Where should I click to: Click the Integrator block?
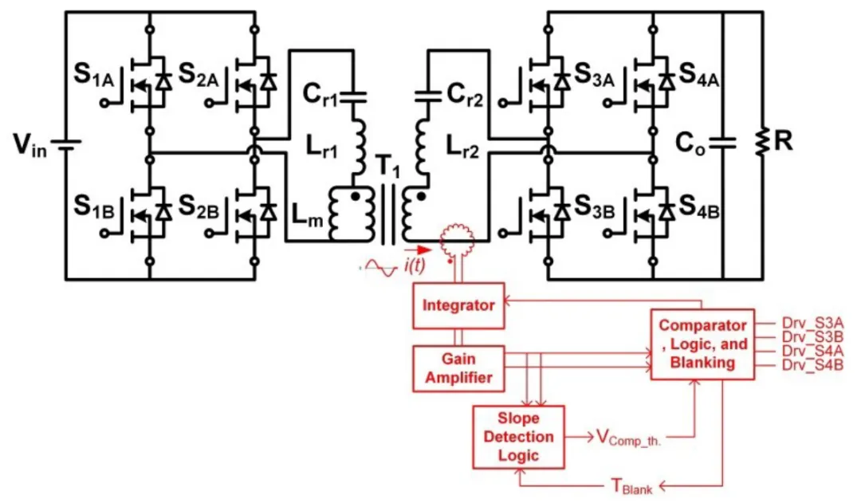coord(458,305)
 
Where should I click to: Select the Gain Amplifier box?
coord(458,367)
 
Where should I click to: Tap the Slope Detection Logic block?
coord(518,437)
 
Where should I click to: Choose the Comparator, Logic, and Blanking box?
coord(702,344)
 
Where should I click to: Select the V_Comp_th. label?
coord(637,437)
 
